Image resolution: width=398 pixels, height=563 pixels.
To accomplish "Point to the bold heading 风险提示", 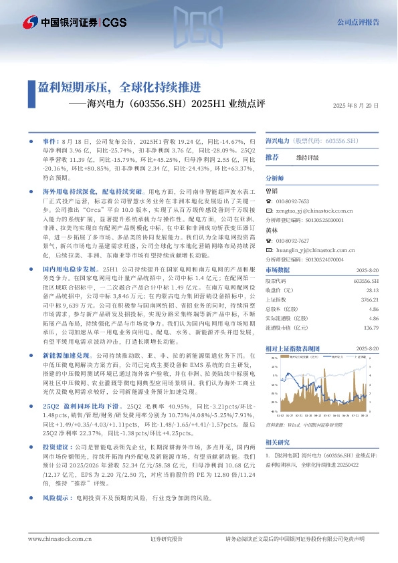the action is (58, 498).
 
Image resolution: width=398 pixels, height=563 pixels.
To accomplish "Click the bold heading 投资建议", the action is (58, 445).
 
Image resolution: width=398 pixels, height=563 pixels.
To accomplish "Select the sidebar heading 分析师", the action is (275, 179).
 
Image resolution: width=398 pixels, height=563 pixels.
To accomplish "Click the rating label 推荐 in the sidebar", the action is (272, 157).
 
